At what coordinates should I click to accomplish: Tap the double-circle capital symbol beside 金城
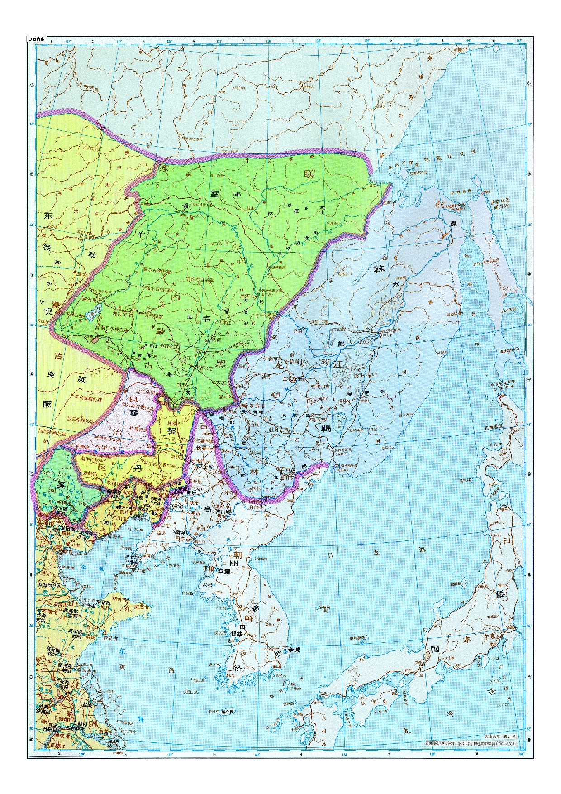[x=285, y=651]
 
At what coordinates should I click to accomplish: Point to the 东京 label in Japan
[x=490, y=636]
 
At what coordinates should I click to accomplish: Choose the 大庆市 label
[x=223, y=383]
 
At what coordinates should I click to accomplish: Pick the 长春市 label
[x=204, y=448]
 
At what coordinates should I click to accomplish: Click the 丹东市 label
[x=182, y=539]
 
